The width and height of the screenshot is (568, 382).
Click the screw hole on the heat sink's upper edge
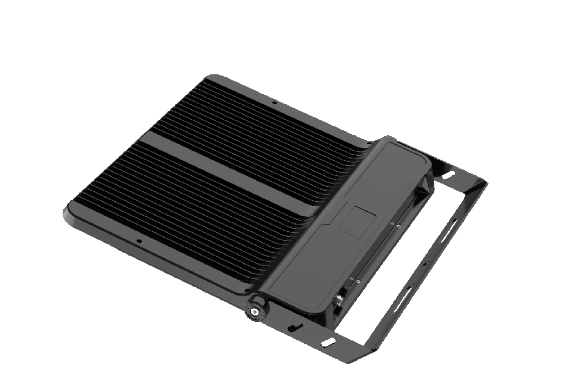click(x=273, y=103)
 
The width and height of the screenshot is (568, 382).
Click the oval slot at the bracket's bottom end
click(x=328, y=343)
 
